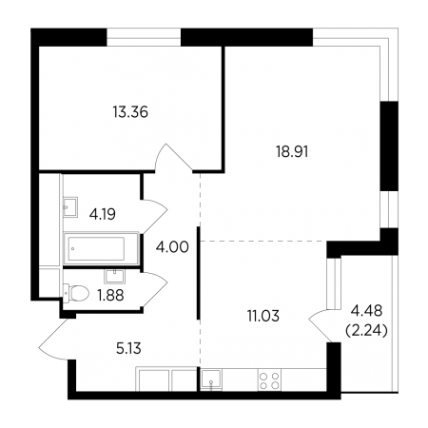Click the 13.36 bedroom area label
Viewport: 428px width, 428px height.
(130, 112)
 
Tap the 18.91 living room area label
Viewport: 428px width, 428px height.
(292, 152)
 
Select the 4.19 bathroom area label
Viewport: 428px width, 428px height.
(103, 214)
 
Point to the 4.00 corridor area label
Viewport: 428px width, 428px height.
(172, 247)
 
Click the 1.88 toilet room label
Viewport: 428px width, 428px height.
(110, 296)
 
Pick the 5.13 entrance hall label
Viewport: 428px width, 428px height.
(128, 349)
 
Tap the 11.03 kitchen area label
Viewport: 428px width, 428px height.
(263, 316)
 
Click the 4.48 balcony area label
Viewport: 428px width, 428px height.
(366, 311)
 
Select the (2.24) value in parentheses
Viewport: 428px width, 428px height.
(366, 331)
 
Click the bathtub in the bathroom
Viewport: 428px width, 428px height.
(101, 248)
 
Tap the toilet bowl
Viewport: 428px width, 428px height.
(76, 293)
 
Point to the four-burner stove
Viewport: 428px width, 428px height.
(269, 380)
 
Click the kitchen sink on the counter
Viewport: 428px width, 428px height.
(211, 379)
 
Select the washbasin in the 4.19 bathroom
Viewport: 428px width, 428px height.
(70, 207)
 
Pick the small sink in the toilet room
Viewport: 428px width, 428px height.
(114, 276)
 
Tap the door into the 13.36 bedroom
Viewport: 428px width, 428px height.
(174, 158)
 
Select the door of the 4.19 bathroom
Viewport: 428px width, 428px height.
(154, 217)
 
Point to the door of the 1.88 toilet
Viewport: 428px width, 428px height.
(154, 289)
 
